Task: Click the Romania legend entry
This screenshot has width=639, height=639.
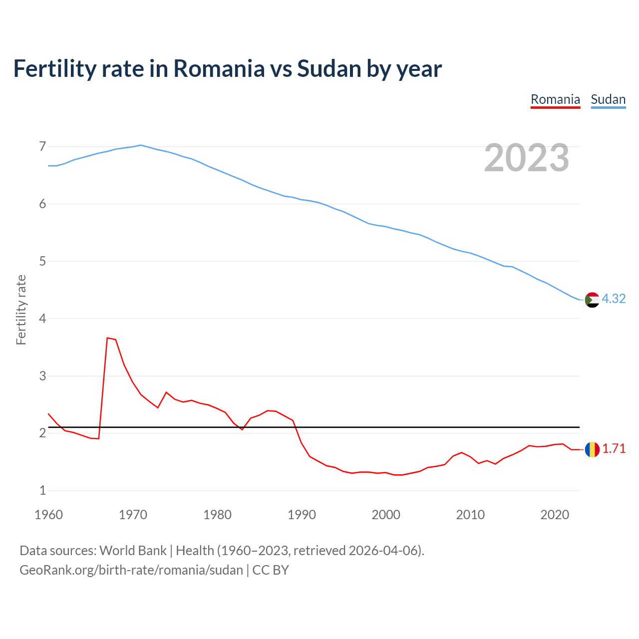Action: (555, 99)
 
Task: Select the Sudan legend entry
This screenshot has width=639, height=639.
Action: (608, 99)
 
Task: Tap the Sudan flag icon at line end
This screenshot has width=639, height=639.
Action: (592, 300)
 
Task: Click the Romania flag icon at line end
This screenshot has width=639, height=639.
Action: (592, 449)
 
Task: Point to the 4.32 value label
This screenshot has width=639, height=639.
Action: (614, 299)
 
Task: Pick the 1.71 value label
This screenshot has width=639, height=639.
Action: (614, 448)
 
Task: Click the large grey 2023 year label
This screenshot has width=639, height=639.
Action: (527, 158)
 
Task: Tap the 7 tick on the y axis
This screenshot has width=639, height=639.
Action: (42, 146)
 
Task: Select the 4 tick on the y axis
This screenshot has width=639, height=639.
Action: (42, 319)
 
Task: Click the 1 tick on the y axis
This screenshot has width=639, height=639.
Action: (42, 490)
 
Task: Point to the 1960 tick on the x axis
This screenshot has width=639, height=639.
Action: (48, 515)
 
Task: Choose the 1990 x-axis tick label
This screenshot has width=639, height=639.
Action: (302, 515)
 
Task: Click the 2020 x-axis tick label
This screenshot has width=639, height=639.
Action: (555, 515)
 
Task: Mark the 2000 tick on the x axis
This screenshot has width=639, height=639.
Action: (386, 515)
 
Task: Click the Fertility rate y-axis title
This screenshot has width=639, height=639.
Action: (21, 310)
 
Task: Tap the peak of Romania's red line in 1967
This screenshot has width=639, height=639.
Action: (107, 338)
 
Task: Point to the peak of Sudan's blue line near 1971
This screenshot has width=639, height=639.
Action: (141, 145)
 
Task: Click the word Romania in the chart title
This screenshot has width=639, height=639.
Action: (219, 68)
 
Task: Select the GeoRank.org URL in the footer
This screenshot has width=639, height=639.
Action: (131, 570)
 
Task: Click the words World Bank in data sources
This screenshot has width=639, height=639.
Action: (133, 551)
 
